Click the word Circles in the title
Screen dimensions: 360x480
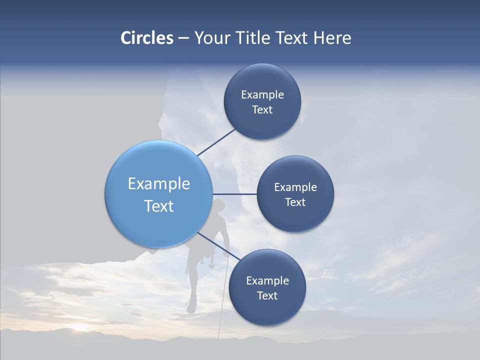(x=146, y=38)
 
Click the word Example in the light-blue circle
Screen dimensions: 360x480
(x=159, y=184)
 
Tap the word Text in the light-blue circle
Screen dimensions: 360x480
(x=159, y=206)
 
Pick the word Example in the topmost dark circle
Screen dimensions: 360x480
(x=262, y=95)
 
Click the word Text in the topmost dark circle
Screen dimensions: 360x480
(x=262, y=110)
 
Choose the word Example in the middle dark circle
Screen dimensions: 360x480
(x=295, y=187)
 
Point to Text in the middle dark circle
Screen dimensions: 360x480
(x=295, y=202)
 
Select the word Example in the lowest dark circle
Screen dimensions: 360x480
(x=267, y=281)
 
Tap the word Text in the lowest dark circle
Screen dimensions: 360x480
(x=267, y=296)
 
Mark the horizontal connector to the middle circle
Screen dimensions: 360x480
(x=234, y=194)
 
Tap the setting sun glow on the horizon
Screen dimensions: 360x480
(x=80, y=327)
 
